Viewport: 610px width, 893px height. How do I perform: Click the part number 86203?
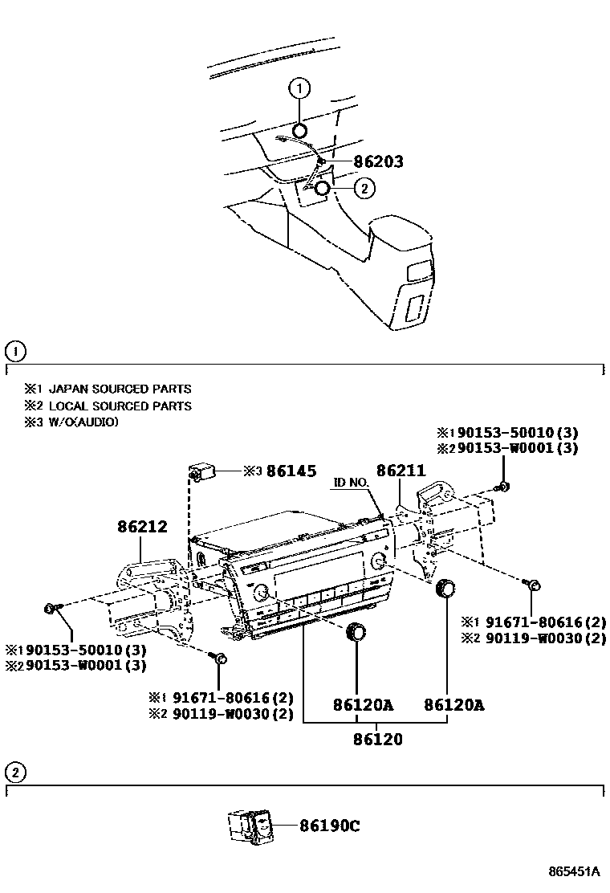click(x=368, y=162)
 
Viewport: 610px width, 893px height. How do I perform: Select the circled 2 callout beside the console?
click(x=364, y=189)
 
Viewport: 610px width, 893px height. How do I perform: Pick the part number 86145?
click(x=291, y=471)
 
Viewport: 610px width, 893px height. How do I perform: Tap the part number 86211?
click(x=401, y=471)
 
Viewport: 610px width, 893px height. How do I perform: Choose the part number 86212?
click(x=142, y=527)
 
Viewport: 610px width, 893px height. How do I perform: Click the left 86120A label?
click(x=364, y=705)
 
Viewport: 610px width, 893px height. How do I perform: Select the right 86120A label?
click(x=454, y=705)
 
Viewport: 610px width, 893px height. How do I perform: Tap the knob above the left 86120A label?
click(x=354, y=633)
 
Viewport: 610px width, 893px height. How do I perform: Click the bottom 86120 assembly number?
click(x=377, y=739)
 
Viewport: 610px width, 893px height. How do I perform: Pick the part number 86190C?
click(x=329, y=825)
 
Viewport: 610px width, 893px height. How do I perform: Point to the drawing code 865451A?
click(x=574, y=871)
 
